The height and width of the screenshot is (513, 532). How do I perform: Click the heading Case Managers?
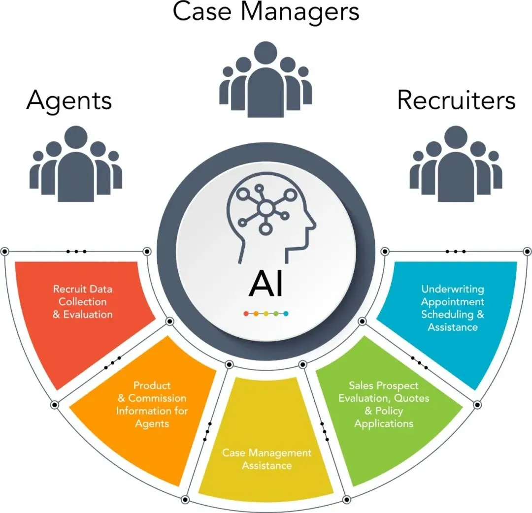pos(266,12)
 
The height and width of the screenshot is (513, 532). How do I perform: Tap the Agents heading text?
pos(69,100)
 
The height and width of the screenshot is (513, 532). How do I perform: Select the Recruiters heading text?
pos(456,100)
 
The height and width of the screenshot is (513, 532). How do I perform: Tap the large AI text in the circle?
pos(266,285)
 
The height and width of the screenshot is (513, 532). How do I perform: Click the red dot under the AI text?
pos(246,314)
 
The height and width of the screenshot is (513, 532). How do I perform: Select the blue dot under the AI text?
pos(286,314)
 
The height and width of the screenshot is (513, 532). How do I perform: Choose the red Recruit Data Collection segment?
pos(84,315)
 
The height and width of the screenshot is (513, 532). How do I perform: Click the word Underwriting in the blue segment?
pos(453,289)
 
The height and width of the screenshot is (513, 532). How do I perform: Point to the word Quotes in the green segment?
pos(412,398)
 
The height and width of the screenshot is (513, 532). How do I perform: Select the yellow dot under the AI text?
pos(266,314)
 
